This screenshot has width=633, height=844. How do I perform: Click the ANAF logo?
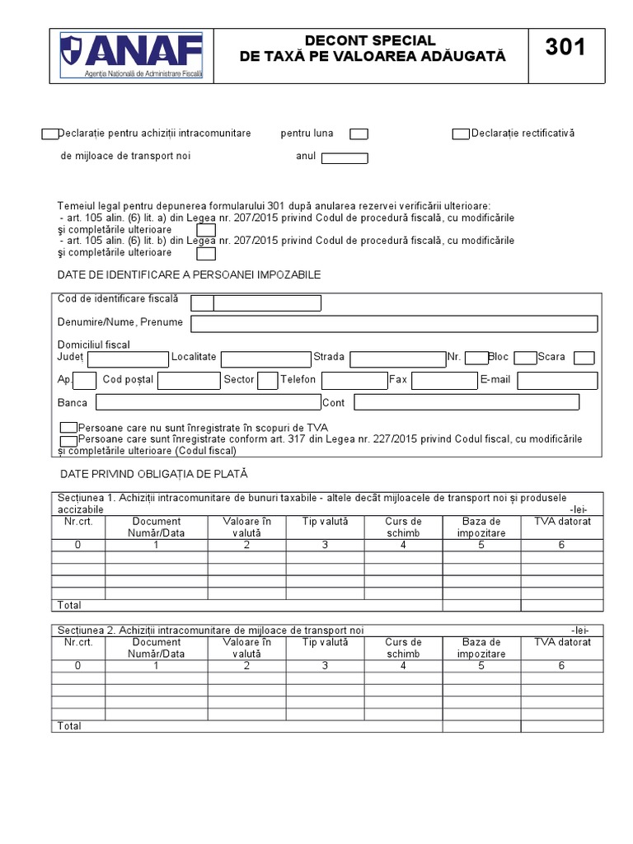(x=131, y=56)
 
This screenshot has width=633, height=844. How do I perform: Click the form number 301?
(x=565, y=49)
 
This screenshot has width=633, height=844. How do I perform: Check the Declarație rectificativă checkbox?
(x=460, y=134)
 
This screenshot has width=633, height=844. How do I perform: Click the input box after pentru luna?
(x=359, y=134)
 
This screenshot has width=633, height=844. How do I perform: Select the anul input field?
(x=344, y=158)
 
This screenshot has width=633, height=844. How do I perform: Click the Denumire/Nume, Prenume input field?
(x=394, y=323)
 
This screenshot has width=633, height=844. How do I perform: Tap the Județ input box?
(x=128, y=359)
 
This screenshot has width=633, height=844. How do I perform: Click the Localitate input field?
(x=265, y=359)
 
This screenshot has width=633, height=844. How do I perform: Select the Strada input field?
(x=397, y=359)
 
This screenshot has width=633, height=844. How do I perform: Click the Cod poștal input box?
(x=188, y=381)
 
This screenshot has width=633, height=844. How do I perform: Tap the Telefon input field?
(x=354, y=381)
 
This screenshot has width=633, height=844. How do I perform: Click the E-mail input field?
(x=557, y=381)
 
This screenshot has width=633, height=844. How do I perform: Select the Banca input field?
(x=208, y=402)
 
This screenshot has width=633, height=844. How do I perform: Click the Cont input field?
(x=466, y=402)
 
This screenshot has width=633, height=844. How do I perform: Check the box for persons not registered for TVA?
(x=68, y=428)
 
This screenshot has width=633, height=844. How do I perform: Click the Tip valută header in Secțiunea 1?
(x=325, y=522)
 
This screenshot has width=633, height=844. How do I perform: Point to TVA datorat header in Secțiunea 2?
(x=562, y=642)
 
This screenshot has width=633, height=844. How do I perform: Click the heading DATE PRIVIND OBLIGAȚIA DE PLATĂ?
(x=154, y=475)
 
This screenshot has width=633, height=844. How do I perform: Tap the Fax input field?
(x=444, y=381)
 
